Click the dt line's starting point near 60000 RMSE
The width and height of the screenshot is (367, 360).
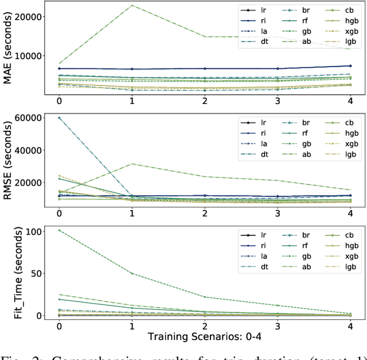pyautogui.click(x=59, y=118)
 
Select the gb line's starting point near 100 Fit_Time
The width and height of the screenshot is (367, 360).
pyautogui.click(x=59, y=230)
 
